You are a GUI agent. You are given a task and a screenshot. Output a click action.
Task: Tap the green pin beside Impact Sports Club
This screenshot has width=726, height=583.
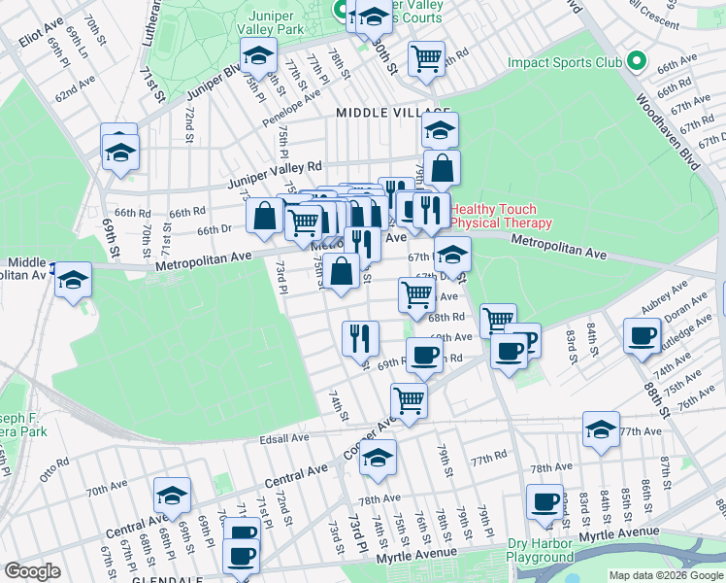637,62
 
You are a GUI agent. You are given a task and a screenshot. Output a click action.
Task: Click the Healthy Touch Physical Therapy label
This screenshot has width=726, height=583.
500,216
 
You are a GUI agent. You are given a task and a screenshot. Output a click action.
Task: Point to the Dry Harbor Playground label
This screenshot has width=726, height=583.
553,550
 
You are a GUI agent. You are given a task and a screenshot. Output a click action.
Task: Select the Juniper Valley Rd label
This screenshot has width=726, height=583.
275,174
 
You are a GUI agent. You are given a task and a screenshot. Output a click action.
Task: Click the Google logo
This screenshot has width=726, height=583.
32,571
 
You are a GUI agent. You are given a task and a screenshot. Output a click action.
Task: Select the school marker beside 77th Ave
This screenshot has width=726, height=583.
601,429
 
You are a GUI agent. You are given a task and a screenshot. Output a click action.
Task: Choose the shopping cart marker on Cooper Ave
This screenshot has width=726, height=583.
409,399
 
